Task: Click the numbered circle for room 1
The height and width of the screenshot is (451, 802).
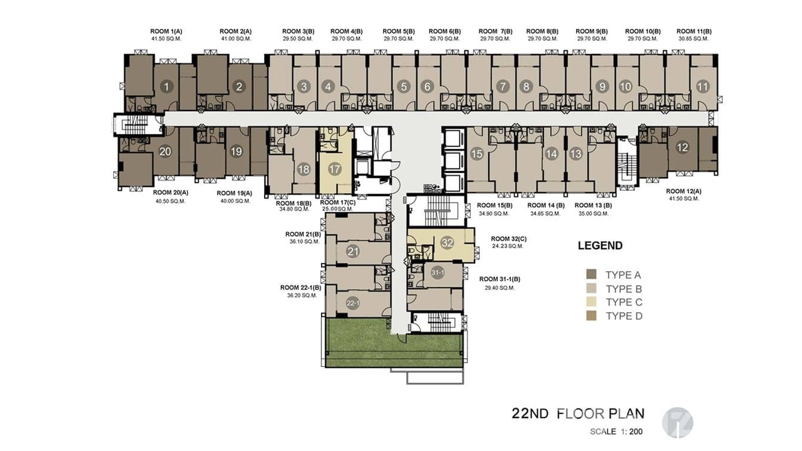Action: click(x=166, y=87)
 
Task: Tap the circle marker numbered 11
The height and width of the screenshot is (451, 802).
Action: click(x=702, y=87)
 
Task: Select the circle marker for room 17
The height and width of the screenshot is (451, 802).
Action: click(x=335, y=169)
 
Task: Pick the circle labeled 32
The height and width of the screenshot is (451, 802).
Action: click(x=447, y=243)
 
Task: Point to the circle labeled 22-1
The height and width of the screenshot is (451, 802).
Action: click(x=353, y=304)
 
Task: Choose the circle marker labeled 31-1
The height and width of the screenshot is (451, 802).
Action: click(x=437, y=273)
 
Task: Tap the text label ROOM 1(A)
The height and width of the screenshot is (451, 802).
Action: click(x=166, y=31)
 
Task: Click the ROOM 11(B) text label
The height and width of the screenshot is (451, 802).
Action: click(x=693, y=31)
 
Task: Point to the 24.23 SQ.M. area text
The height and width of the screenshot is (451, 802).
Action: click(x=508, y=246)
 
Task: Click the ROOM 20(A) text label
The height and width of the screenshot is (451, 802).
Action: click(x=170, y=193)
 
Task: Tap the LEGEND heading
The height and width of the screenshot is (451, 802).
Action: click(x=600, y=245)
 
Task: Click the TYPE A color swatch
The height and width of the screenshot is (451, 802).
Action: click(x=591, y=275)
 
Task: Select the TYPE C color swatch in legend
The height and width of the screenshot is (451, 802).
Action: click(x=591, y=302)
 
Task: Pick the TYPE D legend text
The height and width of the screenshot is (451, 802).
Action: click(x=623, y=316)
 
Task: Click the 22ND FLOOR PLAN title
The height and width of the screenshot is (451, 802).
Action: click(x=577, y=413)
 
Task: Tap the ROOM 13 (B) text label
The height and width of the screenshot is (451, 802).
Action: click(x=593, y=205)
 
